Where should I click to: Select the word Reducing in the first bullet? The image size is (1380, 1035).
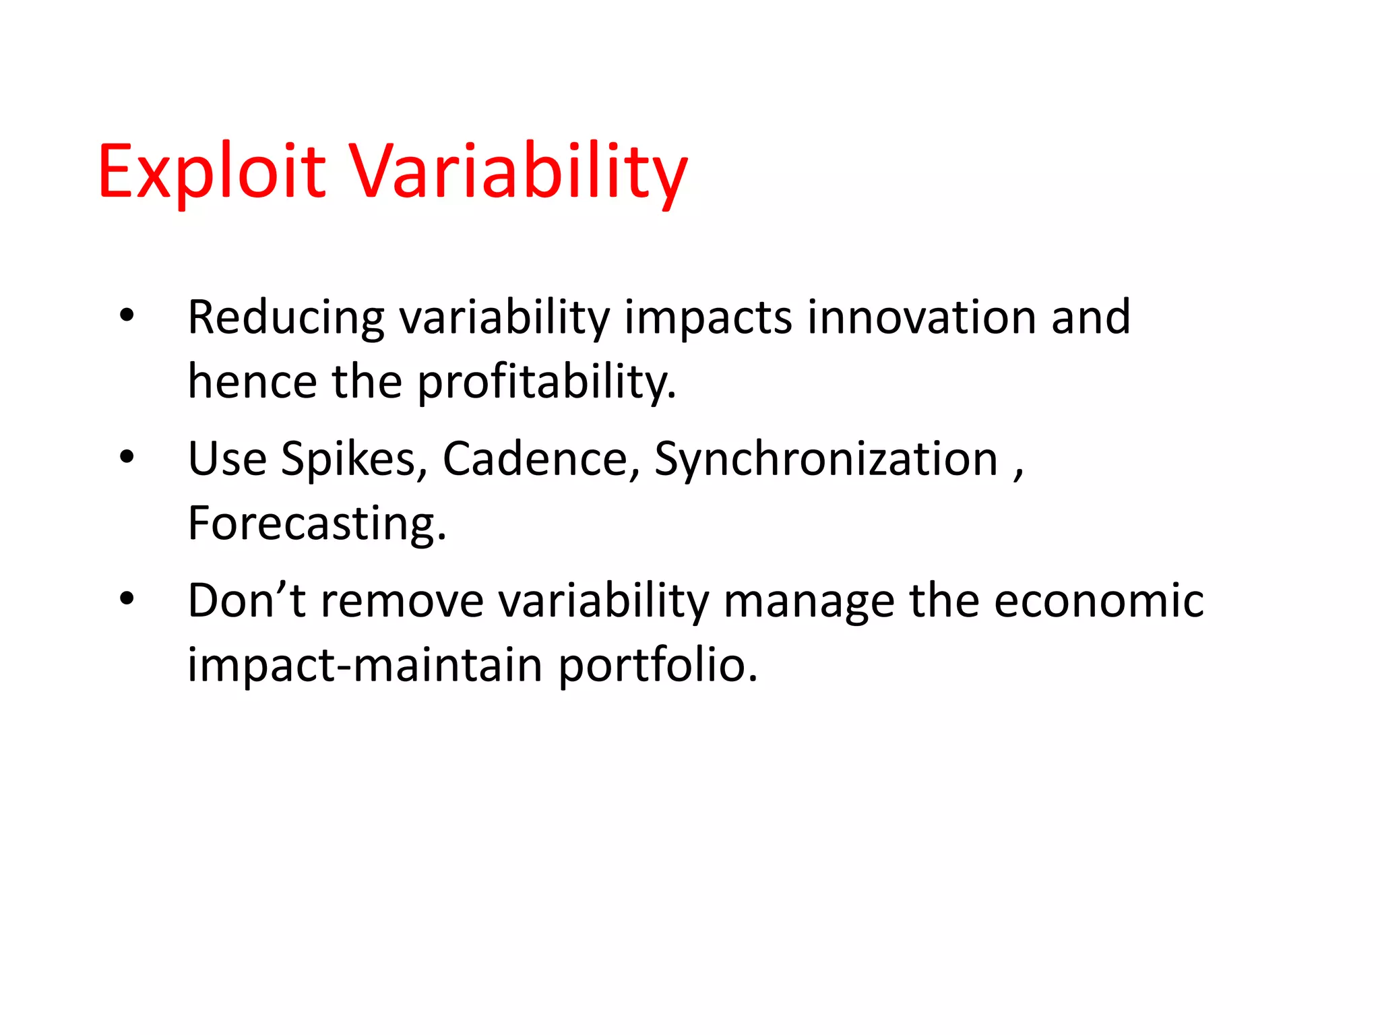click(286, 317)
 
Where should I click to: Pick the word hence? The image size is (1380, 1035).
click(252, 382)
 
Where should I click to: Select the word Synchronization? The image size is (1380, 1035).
click(826, 460)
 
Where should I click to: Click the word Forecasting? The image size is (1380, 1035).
click(317, 524)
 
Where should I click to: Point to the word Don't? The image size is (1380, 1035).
click(247, 600)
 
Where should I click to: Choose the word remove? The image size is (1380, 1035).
click(402, 600)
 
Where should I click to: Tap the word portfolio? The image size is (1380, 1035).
click(658, 665)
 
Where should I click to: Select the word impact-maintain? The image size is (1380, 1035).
click(365, 665)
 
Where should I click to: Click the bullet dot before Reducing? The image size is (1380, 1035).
click(127, 315)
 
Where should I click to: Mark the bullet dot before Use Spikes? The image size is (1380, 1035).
click(127, 458)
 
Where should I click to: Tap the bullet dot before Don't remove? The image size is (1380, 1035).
click(127, 598)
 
